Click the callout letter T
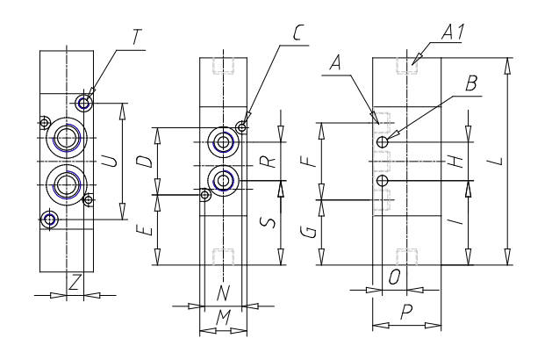[137, 38]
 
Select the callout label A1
[453, 32]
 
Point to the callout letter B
[471, 84]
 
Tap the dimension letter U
[111, 162]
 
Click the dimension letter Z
[75, 282]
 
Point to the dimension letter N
[223, 292]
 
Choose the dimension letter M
[223, 318]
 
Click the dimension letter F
[310, 162]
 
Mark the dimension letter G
[310, 233]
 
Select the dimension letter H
[456, 162]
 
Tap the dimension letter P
[406, 312]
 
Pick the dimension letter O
[394, 277]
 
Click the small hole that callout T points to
[83, 104]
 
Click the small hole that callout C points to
[241, 126]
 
